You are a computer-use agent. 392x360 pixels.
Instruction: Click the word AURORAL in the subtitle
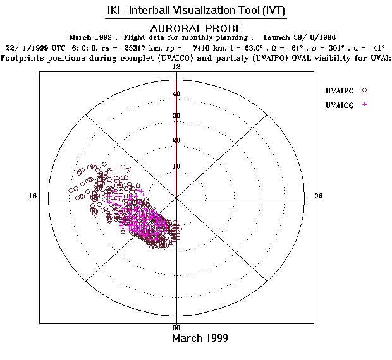[x=174, y=28]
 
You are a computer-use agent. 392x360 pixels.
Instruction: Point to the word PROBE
[x=223, y=28]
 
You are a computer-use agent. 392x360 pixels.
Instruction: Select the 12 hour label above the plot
[x=177, y=66]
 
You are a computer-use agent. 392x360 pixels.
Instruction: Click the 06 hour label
[x=319, y=196]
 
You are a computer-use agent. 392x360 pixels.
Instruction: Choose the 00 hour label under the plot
[x=177, y=328]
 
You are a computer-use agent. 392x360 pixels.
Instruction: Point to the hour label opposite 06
[x=33, y=196]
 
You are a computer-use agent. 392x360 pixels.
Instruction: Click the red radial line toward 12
[x=176, y=139]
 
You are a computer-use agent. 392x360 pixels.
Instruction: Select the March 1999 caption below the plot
[x=200, y=338]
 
